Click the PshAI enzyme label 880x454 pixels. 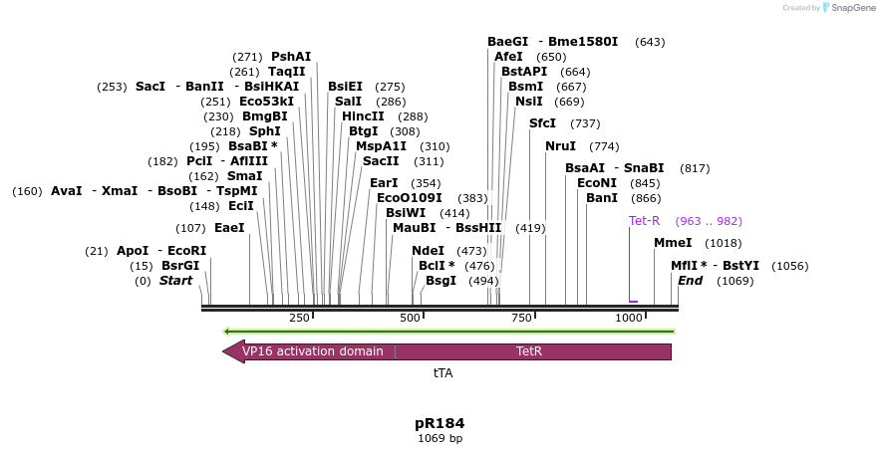[x=291, y=57]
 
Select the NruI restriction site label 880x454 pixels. [x=560, y=146]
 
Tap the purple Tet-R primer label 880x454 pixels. [x=644, y=221]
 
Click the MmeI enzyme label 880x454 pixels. [x=673, y=243]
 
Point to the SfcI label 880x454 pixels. [x=542, y=123]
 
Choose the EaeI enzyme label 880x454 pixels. [x=229, y=228]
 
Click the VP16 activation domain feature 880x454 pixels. [x=312, y=351]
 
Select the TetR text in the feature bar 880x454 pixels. [x=529, y=351]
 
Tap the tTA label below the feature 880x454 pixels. [x=442, y=372]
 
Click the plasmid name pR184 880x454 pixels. [x=440, y=423]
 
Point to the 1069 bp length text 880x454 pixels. [x=440, y=438]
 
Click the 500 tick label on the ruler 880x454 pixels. [x=411, y=319]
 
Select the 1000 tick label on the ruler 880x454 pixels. [x=629, y=319]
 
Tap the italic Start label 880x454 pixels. [x=175, y=281]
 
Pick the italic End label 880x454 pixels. [x=690, y=281]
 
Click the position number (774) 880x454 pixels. [x=604, y=146]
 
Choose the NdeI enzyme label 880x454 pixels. [x=428, y=251]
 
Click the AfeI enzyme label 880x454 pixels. [x=508, y=57]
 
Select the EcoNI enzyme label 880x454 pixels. [x=597, y=183]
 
